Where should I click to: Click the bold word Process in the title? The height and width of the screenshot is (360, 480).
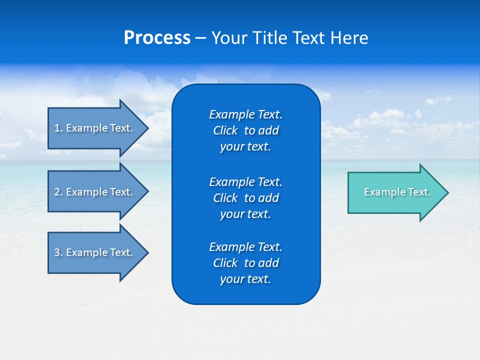pyautogui.click(x=157, y=38)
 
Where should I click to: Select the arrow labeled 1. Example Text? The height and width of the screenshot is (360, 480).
pyautogui.click(x=95, y=128)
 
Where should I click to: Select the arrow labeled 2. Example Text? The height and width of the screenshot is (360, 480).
pyautogui.click(x=95, y=192)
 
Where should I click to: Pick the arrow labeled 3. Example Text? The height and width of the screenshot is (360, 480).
pyautogui.click(x=95, y=252)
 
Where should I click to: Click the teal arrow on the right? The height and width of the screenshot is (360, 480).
pyautogui.click(x=395, y=192)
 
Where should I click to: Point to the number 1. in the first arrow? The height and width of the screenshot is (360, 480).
pyautogui.click(x=58, y=128)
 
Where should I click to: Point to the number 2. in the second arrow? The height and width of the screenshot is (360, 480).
pyautogui.click(x=58, y=192)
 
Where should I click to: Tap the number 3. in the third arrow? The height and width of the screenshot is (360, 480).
pyautogui.click(x=58, y=252)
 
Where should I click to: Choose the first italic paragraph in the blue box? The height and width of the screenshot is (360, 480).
pyautogui.click(x=245, y=130)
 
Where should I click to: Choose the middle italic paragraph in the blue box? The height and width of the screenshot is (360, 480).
pyautogui.click(x=245, y=197)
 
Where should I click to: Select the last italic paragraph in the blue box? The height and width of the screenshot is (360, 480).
pyautogui.click(x=245, y=263)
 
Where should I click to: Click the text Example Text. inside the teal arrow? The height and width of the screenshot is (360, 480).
pyautogui.click(x=397, y=192)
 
